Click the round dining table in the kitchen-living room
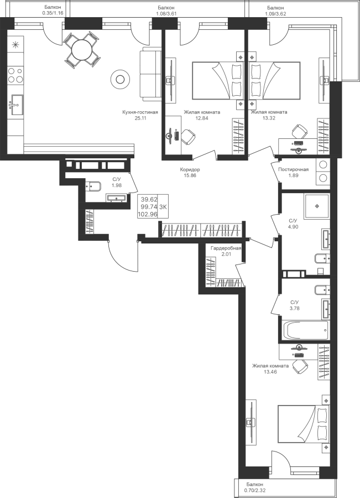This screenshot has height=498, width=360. click(82, 50)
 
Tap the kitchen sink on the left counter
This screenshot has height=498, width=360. click(17, 105)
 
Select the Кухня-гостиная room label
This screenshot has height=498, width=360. click(140, 112)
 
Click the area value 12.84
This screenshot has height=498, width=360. click(202, 118)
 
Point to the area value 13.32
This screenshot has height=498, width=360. click(269, 118)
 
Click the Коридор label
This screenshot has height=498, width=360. click(190, 170)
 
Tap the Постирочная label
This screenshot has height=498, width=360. click(293, 169)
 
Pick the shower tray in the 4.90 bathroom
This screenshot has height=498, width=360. click(317, 206)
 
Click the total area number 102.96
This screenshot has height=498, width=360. click(147, 214)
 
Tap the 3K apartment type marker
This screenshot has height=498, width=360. click(163, 207)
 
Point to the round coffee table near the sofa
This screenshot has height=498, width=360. click(120, 79)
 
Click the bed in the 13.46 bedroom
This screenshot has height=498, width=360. click(304, 424)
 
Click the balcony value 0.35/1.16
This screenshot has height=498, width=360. click(53, 13)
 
